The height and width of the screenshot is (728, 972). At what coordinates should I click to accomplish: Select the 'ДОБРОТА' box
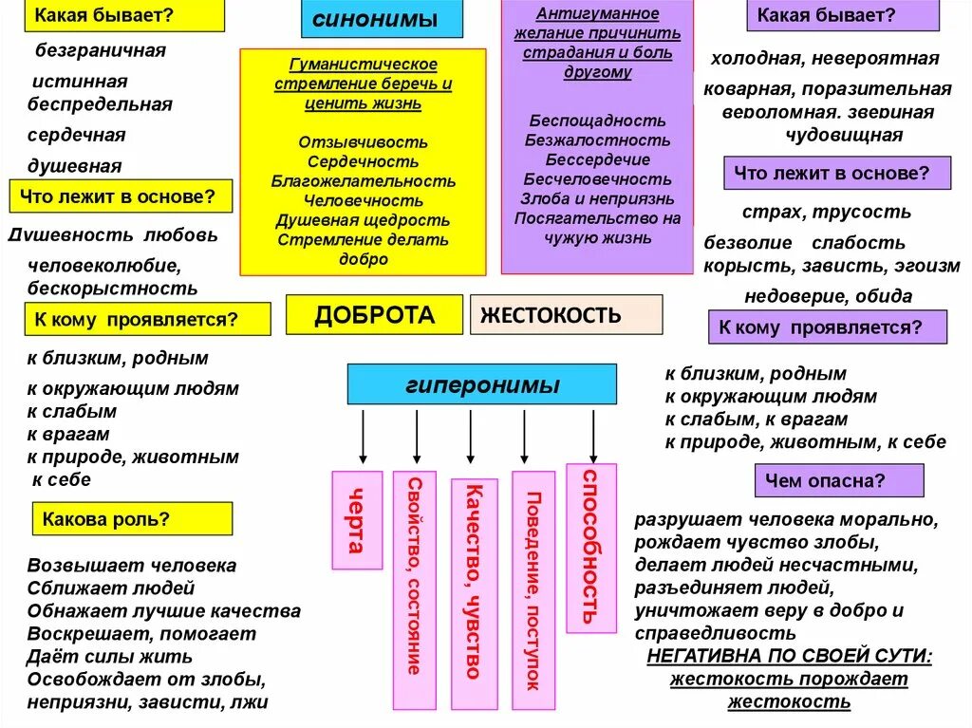click(x=374, y=315)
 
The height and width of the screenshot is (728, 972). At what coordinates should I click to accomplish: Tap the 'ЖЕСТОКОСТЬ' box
click(x=566, y=315)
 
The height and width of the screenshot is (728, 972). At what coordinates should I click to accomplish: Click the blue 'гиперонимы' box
click(x=481, y=384)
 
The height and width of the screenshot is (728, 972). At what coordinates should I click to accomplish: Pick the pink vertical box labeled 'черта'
click(x=357, y=519)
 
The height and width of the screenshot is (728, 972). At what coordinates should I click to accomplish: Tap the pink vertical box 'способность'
click(x=590, y=547)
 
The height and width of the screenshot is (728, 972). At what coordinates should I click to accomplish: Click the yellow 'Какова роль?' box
click(x=132, y=519)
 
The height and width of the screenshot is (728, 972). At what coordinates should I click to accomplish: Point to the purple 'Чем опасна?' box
click(x=838, y=480)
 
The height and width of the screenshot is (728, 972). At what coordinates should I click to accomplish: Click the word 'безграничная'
click(x=101, y=50)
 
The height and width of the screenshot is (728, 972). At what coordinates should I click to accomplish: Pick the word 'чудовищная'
click(x=844, y=135)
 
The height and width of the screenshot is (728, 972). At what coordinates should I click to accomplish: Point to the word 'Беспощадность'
click(x=598, y=121)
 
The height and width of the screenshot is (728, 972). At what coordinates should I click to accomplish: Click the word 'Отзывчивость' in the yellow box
click(x=364, y=141)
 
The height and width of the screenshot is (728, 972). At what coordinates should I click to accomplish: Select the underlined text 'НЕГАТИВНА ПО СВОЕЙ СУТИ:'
click(x=789, y=656)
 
